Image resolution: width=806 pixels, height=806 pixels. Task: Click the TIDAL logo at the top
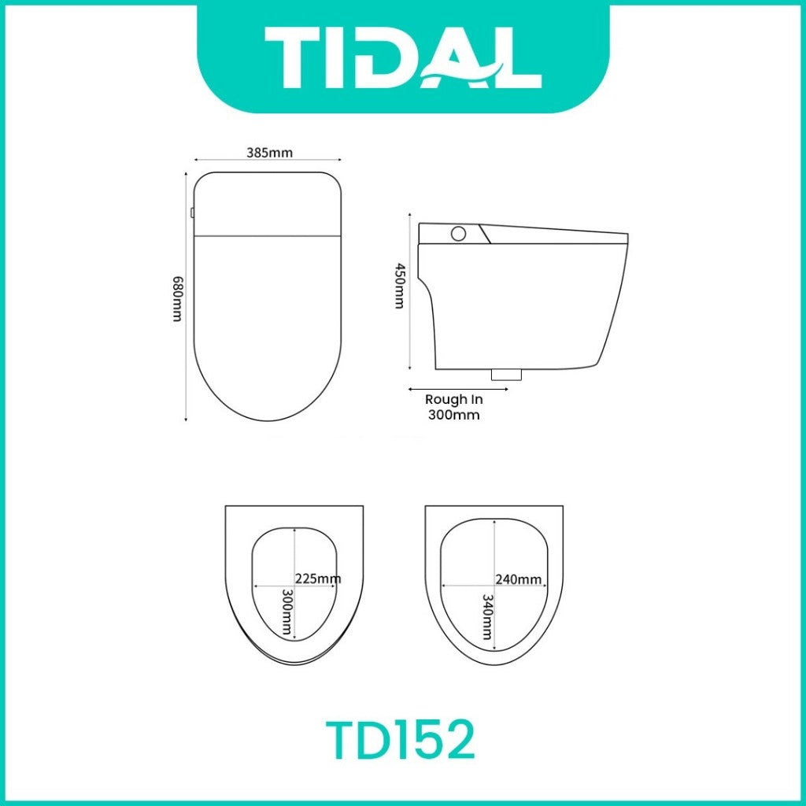click(x=402, y=57)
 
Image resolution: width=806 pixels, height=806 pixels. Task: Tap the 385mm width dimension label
click(x=269, y=153)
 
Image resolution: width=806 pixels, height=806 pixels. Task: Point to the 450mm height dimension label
click(x=398, y=286)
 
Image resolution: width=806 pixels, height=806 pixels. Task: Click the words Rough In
click(x=454, y=399)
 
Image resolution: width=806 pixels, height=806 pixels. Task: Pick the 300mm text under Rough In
click(x=454, y=415)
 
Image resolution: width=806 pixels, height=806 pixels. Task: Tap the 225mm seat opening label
click(x=318, y=579)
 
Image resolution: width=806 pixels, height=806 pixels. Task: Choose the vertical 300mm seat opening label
click(x=287, y=612)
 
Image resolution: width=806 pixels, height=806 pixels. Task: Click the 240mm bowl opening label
click(x=518, y=579)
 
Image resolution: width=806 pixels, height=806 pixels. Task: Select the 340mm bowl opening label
click(x=487, y=617)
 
